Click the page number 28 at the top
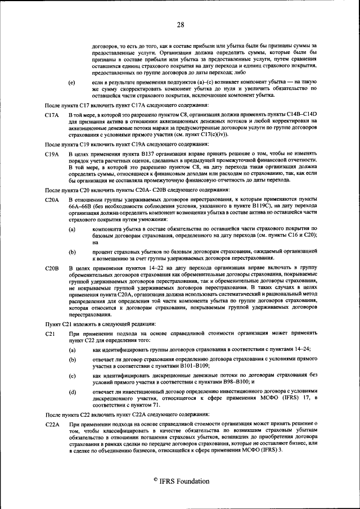click(x=180, y=24)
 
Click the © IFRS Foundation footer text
click(x=180, y=481)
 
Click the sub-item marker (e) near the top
click(x=71, y=82)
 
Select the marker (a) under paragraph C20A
click(x=71, y=229)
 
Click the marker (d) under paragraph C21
click(x=71, y=391)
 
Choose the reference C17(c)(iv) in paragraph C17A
click(x=209, y=136)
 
